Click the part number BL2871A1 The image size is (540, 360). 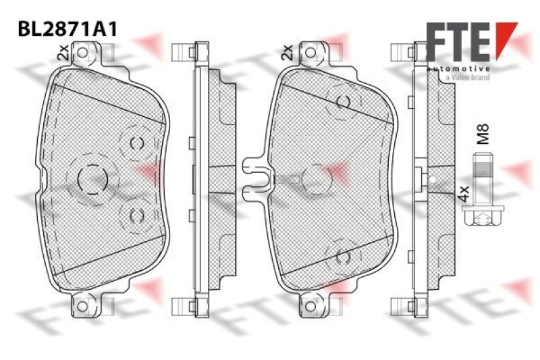pos(68,29)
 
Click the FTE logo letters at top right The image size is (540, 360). pos(458,42)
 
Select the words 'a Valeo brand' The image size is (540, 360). pos(467,77)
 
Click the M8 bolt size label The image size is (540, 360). pos(483,134)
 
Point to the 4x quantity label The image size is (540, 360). pos(464,194)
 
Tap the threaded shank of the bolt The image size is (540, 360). pos(482,179)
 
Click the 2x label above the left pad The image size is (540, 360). pos(63,52)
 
